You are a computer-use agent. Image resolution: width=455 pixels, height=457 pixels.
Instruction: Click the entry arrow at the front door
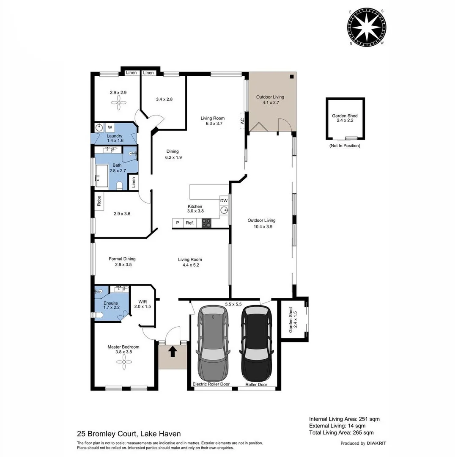173,352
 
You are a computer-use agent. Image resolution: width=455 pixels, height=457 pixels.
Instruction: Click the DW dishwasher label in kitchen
224,201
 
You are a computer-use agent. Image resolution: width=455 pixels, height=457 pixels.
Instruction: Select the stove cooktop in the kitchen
206,223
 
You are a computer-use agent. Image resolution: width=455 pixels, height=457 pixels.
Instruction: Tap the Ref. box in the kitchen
190,223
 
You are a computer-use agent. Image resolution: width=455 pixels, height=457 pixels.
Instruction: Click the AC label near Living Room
242,120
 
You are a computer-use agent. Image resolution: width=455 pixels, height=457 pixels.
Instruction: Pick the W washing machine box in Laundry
110,127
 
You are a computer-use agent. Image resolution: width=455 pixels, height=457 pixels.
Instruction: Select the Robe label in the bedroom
99,201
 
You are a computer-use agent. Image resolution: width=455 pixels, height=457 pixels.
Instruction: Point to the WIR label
142,301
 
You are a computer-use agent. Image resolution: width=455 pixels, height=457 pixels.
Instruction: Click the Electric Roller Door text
211,384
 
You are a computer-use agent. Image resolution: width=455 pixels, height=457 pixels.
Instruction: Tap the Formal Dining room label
122,259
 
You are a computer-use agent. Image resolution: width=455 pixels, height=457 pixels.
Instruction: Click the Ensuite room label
110,303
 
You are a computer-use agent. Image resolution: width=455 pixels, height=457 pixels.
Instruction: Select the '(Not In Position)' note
345,146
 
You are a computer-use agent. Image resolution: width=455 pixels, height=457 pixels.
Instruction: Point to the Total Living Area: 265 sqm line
341,432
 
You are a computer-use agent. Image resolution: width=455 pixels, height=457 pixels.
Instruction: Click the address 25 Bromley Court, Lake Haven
129,433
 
